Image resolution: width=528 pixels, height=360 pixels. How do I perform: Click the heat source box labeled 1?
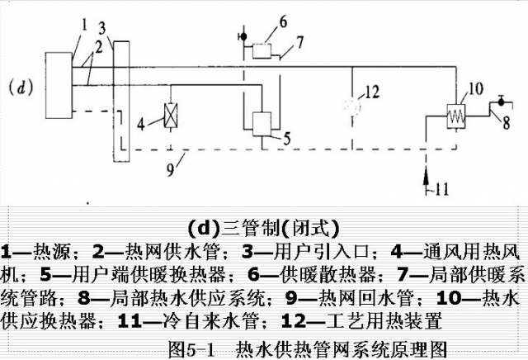[59, 85]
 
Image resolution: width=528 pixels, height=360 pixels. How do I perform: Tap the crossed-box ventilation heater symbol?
[171, 116]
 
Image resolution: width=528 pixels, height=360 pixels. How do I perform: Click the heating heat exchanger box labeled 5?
[262, 124]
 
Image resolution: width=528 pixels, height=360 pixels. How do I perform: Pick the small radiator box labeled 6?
[262, 50]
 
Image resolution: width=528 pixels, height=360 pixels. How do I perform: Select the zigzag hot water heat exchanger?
[456, 116]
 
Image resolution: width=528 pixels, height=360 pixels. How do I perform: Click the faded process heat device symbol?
[352, 106]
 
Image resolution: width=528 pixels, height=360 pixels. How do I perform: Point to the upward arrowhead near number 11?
[426, 176]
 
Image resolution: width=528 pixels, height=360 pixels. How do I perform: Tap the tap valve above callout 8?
[501, 101]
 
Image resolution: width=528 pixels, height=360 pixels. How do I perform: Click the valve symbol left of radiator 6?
[243, 36]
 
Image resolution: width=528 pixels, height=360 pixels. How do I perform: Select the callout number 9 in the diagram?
[171, 169]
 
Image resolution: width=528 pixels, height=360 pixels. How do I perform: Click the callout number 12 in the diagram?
[372, 92]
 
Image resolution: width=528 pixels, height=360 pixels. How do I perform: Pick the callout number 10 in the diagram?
[475, 88]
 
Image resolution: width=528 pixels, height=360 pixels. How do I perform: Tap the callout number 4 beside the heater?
[141, 125]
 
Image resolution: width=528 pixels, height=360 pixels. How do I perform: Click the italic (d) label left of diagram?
[21, 88]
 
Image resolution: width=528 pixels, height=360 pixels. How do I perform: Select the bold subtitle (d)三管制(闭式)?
[263, 229]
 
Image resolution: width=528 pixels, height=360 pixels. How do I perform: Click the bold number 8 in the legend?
[84, 297]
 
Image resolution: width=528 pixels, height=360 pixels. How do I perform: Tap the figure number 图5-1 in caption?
[191, 349]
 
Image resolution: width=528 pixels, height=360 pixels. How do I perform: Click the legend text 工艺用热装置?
[384, 320]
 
